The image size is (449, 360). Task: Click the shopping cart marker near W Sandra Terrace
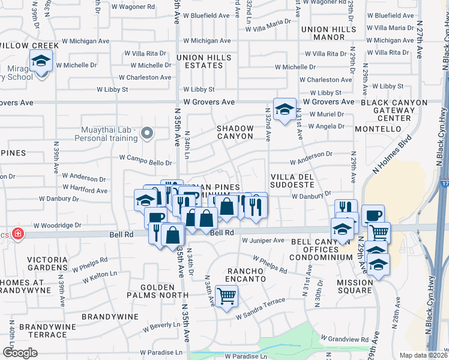coord(226,295)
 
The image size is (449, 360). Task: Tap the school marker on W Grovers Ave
coord(284,109)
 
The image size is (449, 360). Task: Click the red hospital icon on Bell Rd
coord(18,233)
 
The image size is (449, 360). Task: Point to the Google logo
coord(20,353)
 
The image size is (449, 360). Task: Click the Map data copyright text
coord(423,355)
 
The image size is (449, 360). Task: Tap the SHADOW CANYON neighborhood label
coord(235,132)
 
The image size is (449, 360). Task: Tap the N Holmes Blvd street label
coord(392,161)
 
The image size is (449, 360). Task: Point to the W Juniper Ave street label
coord(263,241)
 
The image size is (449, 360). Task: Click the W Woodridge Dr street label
coord(57,225)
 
